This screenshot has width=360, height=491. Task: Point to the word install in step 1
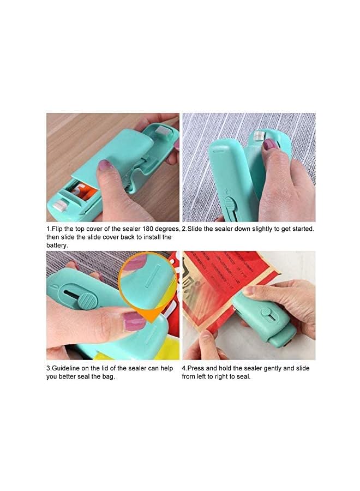coord(142,237)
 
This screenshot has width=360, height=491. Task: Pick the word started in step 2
coord(302,229)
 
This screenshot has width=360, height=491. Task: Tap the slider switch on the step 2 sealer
coord(229,206)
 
